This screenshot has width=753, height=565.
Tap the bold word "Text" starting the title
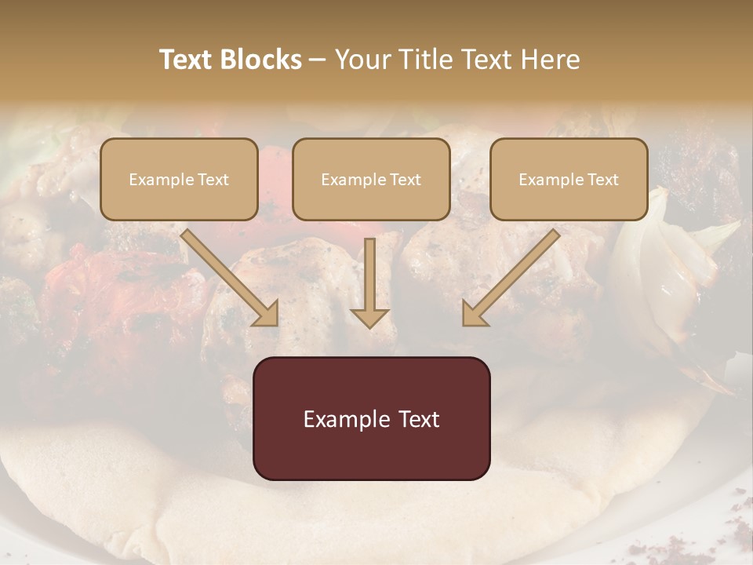tap(186, 60)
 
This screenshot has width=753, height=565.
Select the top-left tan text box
tap(179, 179)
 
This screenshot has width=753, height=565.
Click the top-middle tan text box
tap(371, 179)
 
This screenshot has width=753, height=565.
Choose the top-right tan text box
tap(569, 179)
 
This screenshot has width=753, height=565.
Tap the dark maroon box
tap(371, 418)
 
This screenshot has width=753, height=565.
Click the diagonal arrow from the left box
tap(231, 279)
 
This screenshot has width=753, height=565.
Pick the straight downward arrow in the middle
tap(369, 279)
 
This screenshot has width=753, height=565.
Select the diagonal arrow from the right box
tap(511, 279)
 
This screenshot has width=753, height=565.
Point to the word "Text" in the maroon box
tap(420, 419)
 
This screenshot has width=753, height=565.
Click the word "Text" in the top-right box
tap(602, 180)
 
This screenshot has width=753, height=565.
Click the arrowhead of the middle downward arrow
tap(369, 317)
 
